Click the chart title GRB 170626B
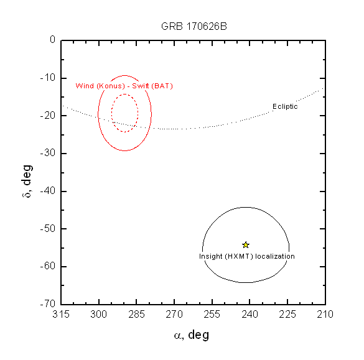tap(194, 27)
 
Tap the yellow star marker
tap(246, 245)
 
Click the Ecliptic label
tap(285, 106)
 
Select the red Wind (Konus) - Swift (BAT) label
tap(124, 86)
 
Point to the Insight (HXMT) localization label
tap(247, 256)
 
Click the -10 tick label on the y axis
tap(48, 78)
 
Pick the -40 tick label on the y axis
tap(48, 191)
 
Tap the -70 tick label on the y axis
tap(48, 303)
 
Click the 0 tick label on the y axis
tap(53, 39)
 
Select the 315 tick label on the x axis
tap(61, 315)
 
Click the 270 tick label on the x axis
tap(174, 315)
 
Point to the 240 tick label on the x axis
tap(250, 315)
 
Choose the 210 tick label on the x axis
tap(325, 315)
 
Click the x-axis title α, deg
tap(192, 335)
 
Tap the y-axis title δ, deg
tap(27, 181)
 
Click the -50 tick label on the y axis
tap(48, 228)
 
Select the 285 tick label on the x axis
tap(136, 315)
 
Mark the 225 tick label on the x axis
tap(287, 315)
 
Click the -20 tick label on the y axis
tap(48, 115)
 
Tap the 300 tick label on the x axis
tap(99, 315)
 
